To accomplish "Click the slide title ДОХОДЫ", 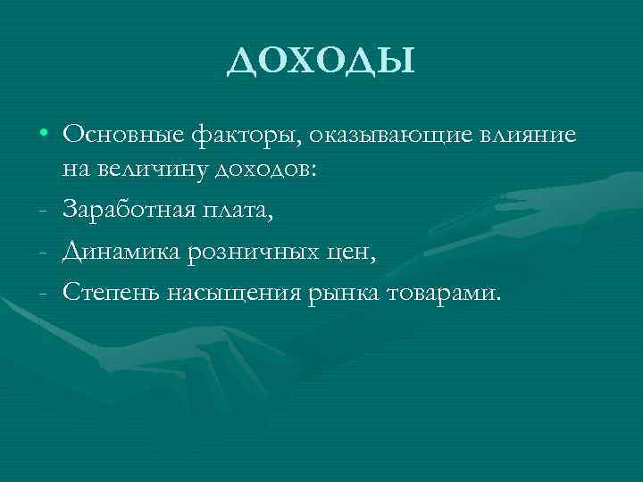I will pyautogui.click(x=321, y=62).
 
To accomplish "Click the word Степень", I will pyautogui.click(x=111, y=293).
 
